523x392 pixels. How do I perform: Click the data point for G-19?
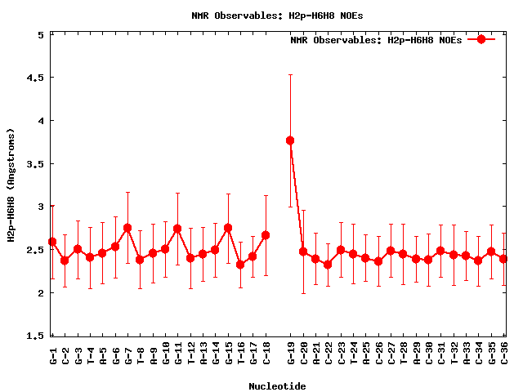pyautogui.click(x=290, y=140)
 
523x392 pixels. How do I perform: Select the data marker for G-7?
pyautogui.click(x=127, y=228)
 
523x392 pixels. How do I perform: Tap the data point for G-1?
pyautogui.click(x=52, y=242)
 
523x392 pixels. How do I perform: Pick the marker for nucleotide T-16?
pyautogui.click(x=240, y=265)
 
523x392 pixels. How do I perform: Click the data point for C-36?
pyautogui.click(x=504, y=259)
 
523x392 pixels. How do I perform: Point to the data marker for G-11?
pyautogui.click(x=177, y=229)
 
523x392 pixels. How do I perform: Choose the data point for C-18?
pyautogui.click(x=266, y=235)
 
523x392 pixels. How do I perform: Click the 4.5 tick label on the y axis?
pyautogui.click(x=37, y=78)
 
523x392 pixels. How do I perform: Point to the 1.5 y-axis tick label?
pyautogui.click(x=37, y=336)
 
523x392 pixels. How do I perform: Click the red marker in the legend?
pyautogui.click(x=481, y=39)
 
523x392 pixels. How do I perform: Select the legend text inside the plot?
pyautogui.click(x=376, y=39)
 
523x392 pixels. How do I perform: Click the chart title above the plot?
pyautogui.click(x=277, y=15)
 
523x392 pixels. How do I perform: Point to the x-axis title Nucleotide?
pyautogui.click(x=277, y=386)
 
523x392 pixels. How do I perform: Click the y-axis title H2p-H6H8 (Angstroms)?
pyautogui.click(x=11, y=185)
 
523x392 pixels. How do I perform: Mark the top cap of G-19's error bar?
pyautogui.click(x=290, y=74)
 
